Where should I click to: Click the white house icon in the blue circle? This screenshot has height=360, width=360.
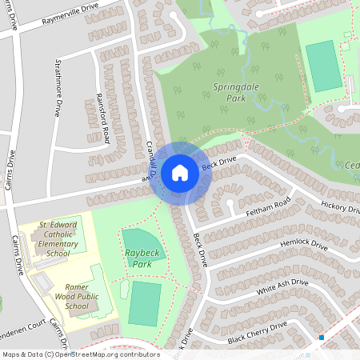pos(179,172)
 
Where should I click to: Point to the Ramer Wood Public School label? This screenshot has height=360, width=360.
pos(66,296)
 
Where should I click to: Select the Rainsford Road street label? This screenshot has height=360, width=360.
pos(104,119)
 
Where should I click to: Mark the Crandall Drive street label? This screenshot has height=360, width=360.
pos(149,161)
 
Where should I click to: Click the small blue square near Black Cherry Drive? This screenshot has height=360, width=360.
pos(322,338)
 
